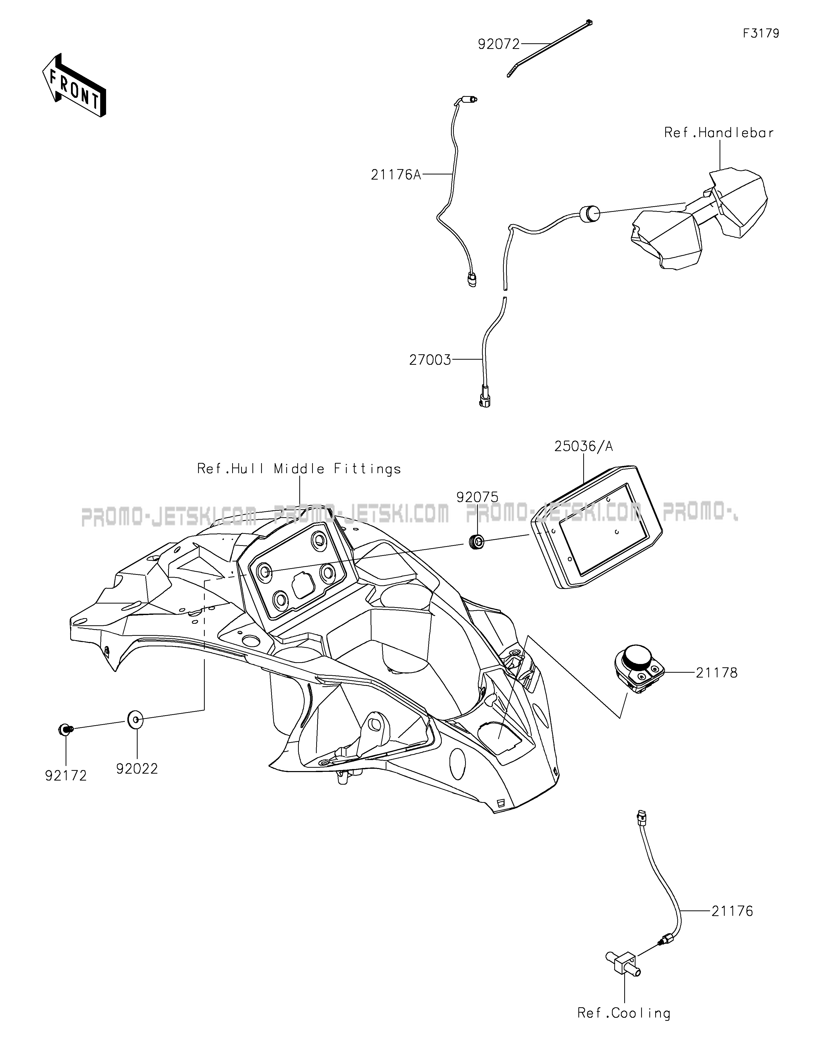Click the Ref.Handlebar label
pos(719,133)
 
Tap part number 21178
pos(716,672)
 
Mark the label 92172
pos(66,776)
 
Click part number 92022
pos(137,769)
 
